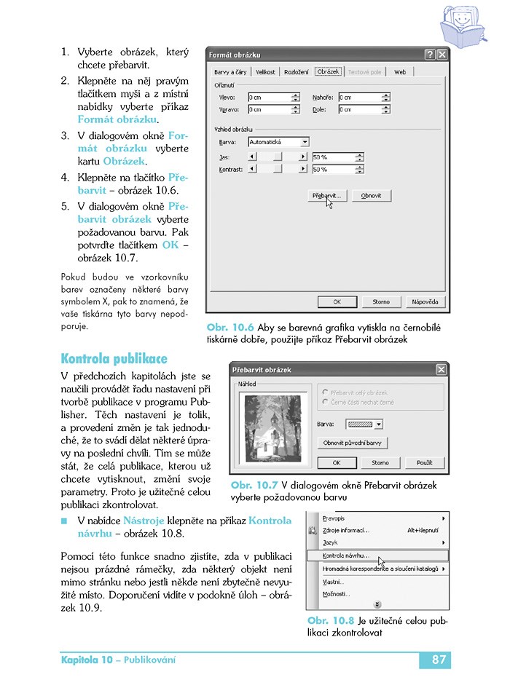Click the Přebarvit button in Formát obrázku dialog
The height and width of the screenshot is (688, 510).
[x=326, y=196]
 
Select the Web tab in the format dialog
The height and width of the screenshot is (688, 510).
[x=400, y=72]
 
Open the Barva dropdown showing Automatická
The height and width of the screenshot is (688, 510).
[x=278, y=142]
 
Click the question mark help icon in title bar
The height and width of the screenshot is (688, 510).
[x=430, y=55]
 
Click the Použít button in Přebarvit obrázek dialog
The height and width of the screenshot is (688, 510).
[x=425, y=462]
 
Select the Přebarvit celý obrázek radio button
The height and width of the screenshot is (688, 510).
[x=324, y=392]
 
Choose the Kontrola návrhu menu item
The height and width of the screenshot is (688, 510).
[x=345, y=555]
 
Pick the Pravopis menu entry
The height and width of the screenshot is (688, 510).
[x=334, y=518]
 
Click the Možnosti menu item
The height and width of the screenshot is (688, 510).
[x=333, y=594]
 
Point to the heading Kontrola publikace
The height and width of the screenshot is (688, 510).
[x=114, y=359]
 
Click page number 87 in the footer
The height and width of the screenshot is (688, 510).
[x=438, y=660]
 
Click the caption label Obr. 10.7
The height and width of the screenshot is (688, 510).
[x=254, y=485]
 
